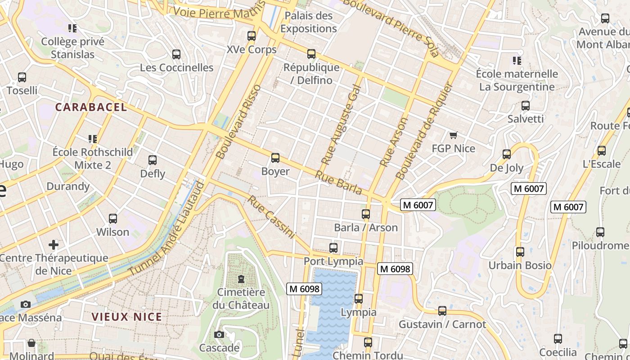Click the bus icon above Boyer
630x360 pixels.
[x=275, y=158]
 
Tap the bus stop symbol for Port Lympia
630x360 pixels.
[x=333, y=248]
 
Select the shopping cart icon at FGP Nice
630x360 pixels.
[x=453, y=135]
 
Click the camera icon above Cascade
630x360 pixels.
[x=219, y=334]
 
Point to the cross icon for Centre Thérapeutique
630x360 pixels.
[x=54, y=245]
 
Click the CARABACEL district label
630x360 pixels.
[x=91, y=107]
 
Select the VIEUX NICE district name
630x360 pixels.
[x=126, y=317]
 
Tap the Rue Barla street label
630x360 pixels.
[x=338, y=183]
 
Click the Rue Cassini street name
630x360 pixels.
[x=271, y=217]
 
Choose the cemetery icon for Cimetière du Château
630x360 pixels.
[x=241, y=279]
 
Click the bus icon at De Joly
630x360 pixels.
[x=507, y=154]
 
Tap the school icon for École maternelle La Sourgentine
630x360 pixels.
[x=517, y=60]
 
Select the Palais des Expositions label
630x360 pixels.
[x=308, y=22]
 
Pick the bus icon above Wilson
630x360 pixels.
[x=113, y=219]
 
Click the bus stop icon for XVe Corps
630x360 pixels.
[x=252, y=36]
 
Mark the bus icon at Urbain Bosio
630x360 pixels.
[x=520, y=252]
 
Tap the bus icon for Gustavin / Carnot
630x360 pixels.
[x=442, y=311]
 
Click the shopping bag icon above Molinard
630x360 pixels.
[x=31, y=343]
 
